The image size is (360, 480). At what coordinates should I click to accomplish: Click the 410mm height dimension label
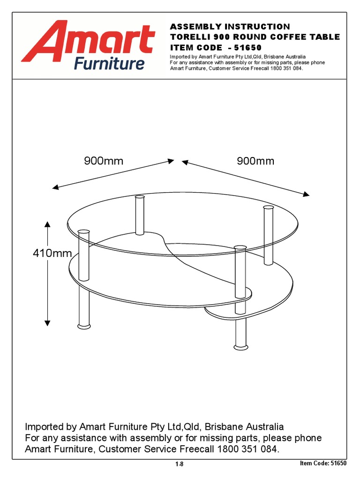coord(52,254)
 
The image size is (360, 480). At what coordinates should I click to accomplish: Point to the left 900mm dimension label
coord(104,161)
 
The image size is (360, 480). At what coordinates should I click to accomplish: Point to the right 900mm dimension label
coord(255,161)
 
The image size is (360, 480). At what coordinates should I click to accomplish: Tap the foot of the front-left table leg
coord(83,325)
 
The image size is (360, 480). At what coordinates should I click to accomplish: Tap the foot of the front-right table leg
coord(240,347)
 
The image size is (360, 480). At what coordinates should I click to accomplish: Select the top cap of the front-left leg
coord(83,231)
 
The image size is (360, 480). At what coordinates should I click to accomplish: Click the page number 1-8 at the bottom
coord(180,464)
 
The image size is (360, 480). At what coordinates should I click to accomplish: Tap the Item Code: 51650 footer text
coord(322,464)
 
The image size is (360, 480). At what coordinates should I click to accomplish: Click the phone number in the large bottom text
coord(248,449)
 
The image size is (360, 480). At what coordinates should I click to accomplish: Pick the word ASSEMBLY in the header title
coord(192,27)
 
